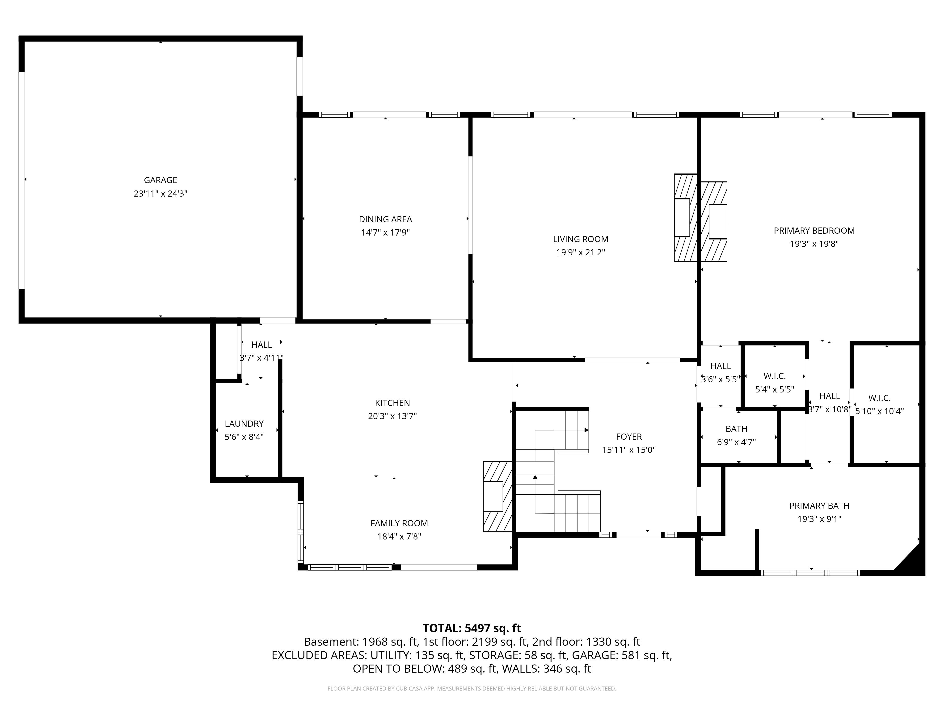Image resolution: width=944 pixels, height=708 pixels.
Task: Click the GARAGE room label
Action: tap(160, 180)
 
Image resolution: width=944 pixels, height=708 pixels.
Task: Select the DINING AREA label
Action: tap(385, 219)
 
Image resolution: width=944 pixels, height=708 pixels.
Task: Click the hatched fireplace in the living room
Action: tap(685, 218)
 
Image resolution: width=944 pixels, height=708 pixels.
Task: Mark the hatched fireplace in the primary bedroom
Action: tap(714, 222)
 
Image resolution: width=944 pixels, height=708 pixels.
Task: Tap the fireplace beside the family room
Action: tap(497, 496)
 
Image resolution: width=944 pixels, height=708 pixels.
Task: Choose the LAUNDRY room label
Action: tap(244, 424)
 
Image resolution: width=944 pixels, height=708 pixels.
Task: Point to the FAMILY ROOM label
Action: tap(399, 523)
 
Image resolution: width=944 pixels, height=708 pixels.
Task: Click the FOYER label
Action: tap(629, 437)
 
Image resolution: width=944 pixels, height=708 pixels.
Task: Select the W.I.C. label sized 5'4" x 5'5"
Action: tap(775, 376)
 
